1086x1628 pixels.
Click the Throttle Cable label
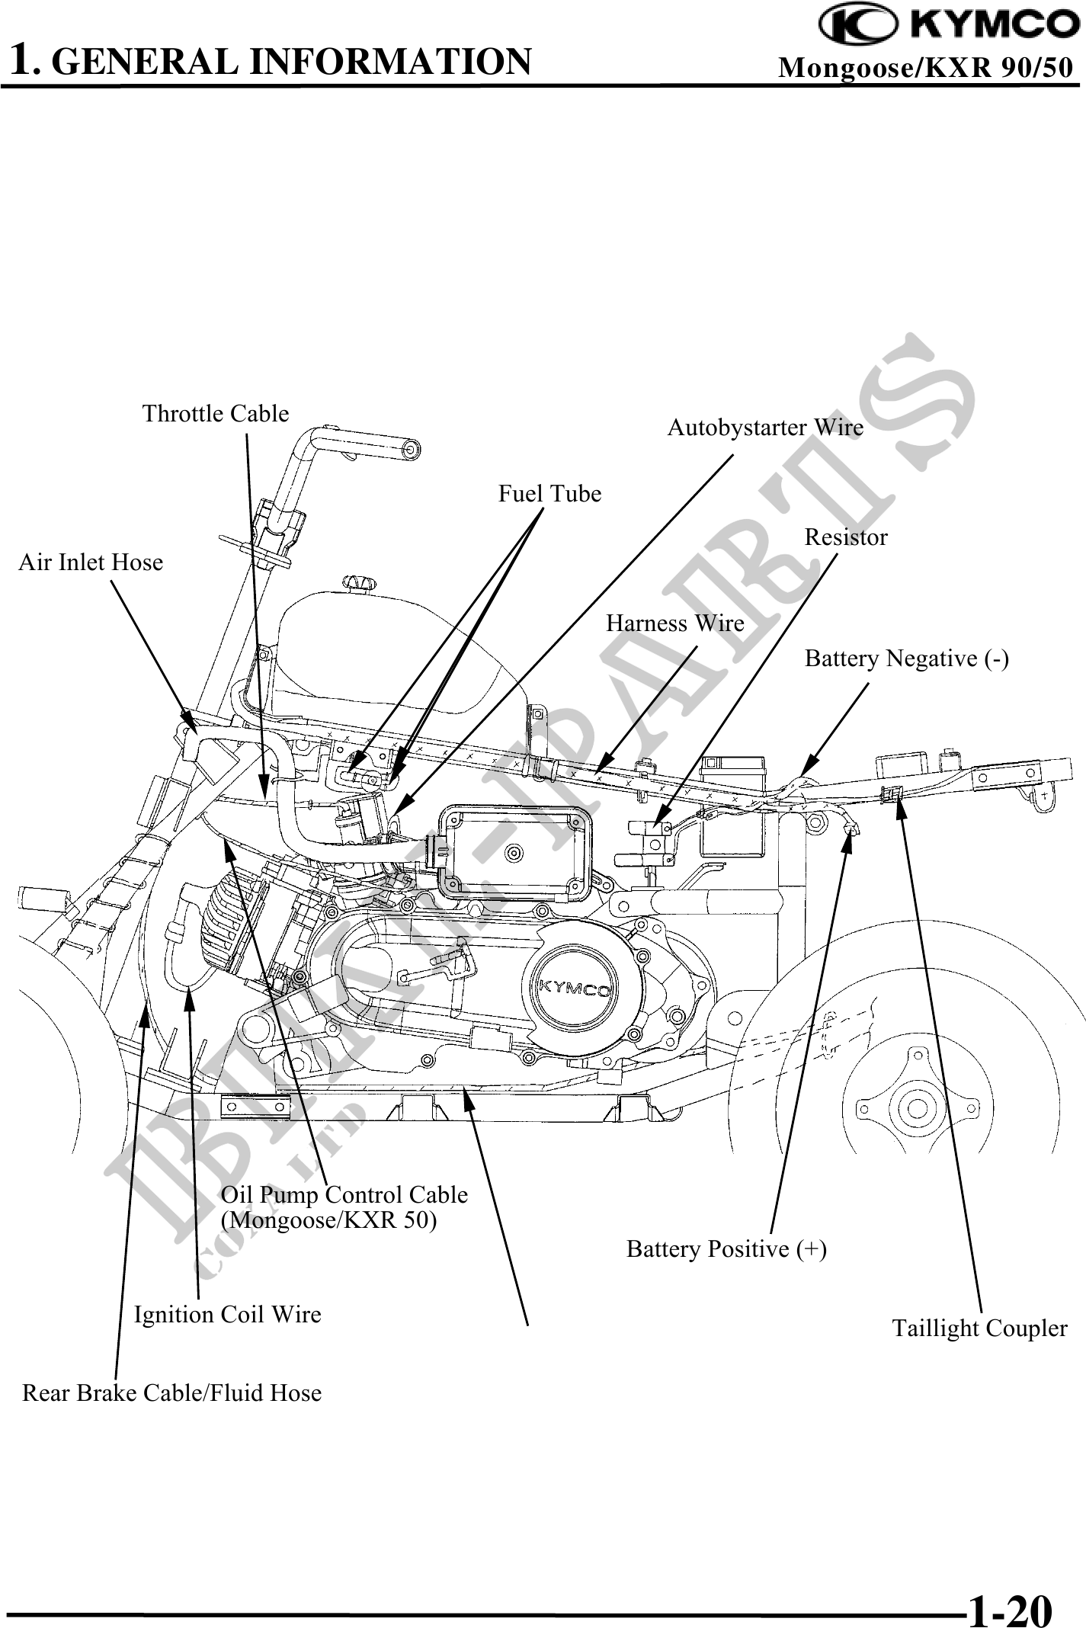coord(216,414)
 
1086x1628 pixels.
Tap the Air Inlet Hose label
coord(91,562)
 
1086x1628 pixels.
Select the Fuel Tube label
coord(549,494)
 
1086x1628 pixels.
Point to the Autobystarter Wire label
coord(765,428)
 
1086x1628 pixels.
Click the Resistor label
coord(846,537)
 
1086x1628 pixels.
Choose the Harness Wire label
coord(674,623)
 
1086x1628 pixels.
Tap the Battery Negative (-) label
coord(907,659)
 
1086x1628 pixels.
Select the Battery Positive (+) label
coord(726,1249)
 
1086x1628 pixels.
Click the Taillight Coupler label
coord(979,1328)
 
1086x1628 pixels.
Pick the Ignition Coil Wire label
coord(227,1315)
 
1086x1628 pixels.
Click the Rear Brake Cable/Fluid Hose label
coord(171,1393)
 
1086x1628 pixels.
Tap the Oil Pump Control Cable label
coord(344,1194)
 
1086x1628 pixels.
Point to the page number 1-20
coord(1009,1590)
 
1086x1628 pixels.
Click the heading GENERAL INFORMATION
coord(293,62)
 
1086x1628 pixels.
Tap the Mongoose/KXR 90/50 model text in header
coord(925,68)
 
